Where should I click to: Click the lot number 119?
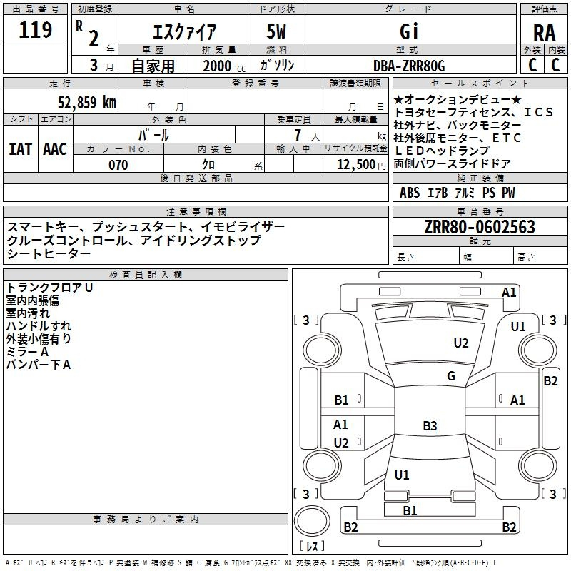(x=35, y=30)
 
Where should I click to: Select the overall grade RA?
(x=544, y=33)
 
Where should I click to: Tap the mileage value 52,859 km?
(x=87, y=103)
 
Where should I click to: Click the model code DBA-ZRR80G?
(x=409, y=66)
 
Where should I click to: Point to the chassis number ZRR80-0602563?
(x=480, y=227)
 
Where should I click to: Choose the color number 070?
(x=118, y=165)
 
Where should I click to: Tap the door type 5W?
(x=276, y=31)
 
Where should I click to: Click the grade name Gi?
(x=409, y=31)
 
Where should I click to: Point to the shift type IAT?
(x=20, y=149)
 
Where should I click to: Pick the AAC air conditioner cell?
(x=55, y=149)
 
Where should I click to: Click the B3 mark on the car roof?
(x=430, y=425)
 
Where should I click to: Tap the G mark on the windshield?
(x=451, y=376)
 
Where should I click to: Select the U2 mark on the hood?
(x=460, y=343)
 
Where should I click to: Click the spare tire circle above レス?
(x=312, y=521)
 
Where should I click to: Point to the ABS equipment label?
(x=410, y=193)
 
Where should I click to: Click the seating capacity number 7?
(x=298, y=135)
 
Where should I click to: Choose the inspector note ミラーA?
(x=27, y=352)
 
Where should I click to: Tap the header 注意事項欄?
(x=196, y=211)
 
